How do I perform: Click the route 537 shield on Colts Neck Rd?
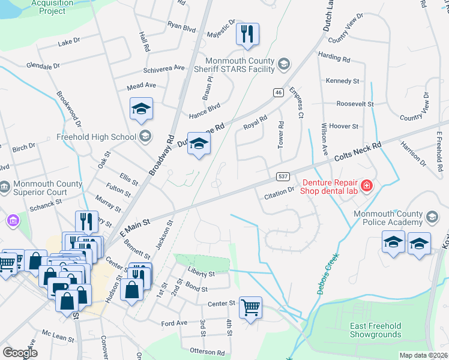[x=284, y=176]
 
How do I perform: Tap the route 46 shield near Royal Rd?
[x=278, y=92]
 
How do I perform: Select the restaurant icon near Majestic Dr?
[x=247, y=34]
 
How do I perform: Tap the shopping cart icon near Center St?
[x=251, y=307]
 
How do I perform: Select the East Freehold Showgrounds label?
[x=376, y=329]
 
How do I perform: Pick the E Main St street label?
[x=134, y=225]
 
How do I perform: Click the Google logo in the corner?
[x=20, y=353]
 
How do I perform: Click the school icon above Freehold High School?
[x=142, y=109]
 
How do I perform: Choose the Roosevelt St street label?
[x=355, y=104]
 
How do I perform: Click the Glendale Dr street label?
[x=44, y=65]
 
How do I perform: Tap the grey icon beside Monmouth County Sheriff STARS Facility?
[x=284, y=63]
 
